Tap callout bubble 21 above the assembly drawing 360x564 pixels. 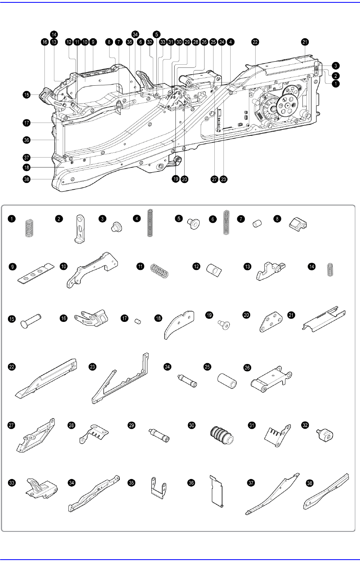pos(305,42)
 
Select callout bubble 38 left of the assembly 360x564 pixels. pos(26,179)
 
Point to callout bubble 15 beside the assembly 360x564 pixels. pos(26,95)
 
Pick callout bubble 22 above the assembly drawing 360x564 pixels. pos(255,42)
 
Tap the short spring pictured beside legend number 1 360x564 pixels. pos(29,228)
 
